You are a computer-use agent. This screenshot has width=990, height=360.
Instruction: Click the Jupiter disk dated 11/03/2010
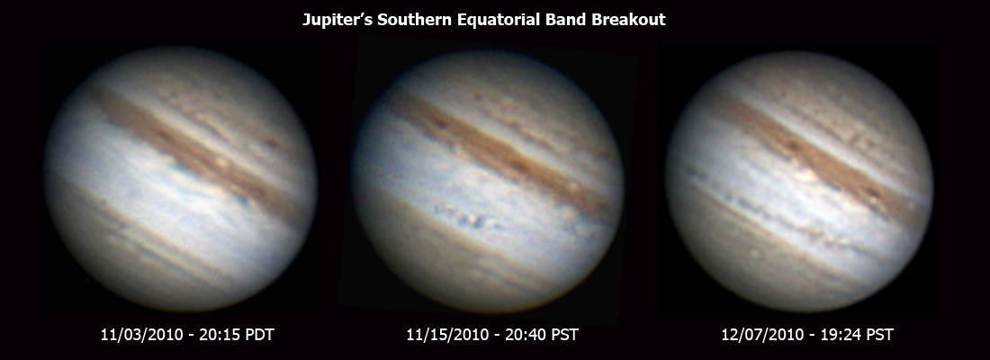180,179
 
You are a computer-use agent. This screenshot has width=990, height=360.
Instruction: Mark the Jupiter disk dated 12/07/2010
799,179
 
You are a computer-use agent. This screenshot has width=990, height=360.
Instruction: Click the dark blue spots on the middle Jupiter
466,220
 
